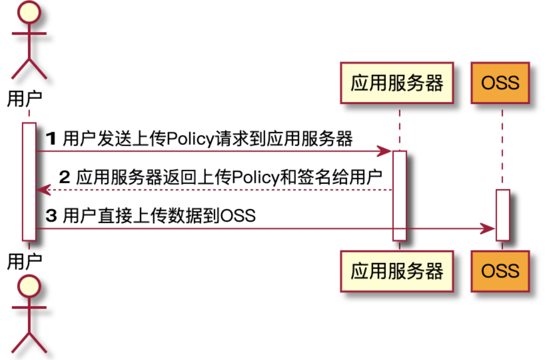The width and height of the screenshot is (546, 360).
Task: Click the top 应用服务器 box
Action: pyautogui.click(x=397, y=84)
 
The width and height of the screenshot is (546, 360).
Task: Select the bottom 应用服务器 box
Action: pyautogui.click(x=397, y=271)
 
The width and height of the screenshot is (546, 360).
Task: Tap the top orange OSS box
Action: pyautogui.click(x=500, y=84)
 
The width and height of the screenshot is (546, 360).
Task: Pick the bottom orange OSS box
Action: pyautogui.click(x=500, y=271)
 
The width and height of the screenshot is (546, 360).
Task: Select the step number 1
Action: pyautogui.click(x=51, y=138)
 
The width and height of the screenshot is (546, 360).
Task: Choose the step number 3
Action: pyautogui.click(x=51, y=216)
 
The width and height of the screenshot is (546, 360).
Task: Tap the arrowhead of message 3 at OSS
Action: pyautogui.click(x=489, y=228)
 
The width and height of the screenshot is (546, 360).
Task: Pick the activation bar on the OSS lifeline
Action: pyautogui.click(x=503, y=215)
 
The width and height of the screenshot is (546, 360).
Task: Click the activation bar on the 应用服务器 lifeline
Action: pyautogui.click(x=400, y=195)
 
